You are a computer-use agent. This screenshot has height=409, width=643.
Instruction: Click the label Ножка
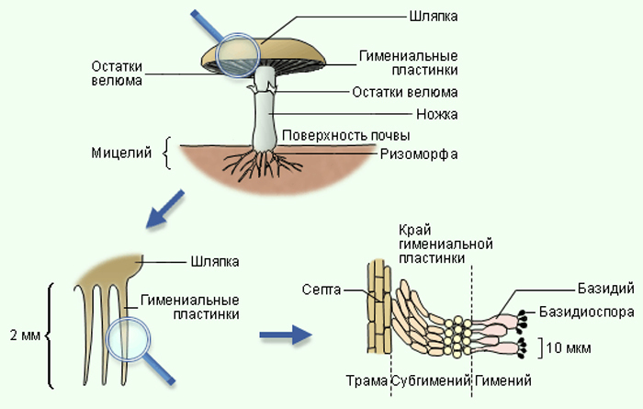436,114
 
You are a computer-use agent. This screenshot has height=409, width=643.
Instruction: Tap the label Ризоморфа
419,154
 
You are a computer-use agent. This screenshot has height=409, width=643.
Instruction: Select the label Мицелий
121,153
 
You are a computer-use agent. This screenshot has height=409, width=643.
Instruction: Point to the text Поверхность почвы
345,135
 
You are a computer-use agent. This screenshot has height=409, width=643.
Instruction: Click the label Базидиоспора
586,312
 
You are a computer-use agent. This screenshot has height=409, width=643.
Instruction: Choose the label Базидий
605,289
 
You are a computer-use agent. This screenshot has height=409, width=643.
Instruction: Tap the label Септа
321,290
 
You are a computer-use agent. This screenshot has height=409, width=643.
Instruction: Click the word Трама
367,381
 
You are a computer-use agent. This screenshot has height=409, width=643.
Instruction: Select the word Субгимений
431,381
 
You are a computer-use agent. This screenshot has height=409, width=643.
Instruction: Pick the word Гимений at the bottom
502,381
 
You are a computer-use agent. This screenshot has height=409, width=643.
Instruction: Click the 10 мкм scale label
569,348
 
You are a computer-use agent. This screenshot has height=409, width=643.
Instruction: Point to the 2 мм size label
25,335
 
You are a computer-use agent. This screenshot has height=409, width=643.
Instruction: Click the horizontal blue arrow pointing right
286,335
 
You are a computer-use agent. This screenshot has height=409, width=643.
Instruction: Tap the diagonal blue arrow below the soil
164,209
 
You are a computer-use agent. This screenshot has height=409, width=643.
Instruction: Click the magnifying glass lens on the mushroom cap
238,55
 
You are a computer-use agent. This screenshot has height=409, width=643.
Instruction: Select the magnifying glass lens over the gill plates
129,339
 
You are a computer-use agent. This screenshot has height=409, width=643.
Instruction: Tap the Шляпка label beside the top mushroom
434,17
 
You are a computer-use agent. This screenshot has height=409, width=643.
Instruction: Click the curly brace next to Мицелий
167,153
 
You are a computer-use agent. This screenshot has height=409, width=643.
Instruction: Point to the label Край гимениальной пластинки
446,244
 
